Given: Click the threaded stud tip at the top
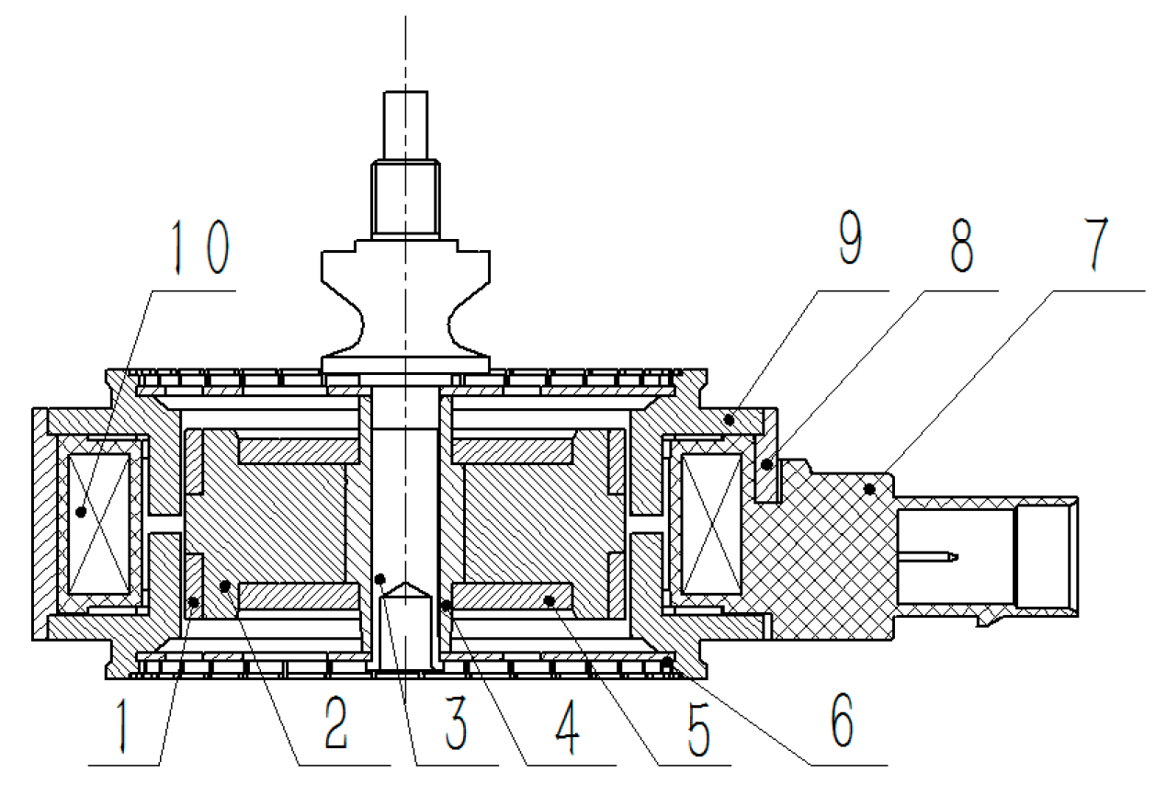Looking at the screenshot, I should click(x=404, y=124).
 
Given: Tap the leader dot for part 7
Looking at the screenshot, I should click(x=868, y=489).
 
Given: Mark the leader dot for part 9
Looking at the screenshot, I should click(x=729, y=420).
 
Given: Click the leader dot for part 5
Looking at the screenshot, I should click(x=550, y=601).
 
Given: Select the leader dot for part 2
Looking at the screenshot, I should click(x=224, y=586).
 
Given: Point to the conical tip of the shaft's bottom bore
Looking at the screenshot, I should click(x=404, y=587).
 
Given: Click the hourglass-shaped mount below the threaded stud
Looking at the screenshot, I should click(x=404, y=303).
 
